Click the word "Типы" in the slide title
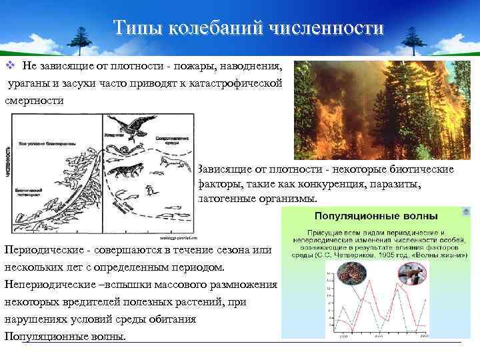tap(136, 28)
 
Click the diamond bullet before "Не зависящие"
tap(10, 66)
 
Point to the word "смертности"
tap(34, 101)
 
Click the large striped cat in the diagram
tap(126, 171)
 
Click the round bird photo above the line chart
tap(411, 273)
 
